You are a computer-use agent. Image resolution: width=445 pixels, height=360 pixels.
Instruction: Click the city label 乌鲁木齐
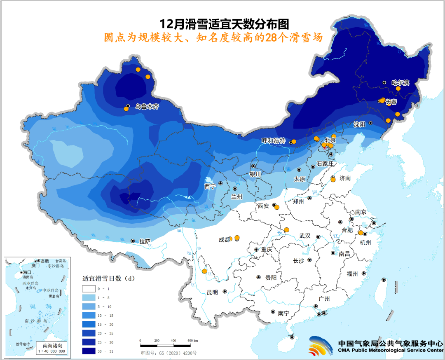coord(147,106)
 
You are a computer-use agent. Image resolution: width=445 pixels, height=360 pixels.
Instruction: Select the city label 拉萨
coord(145,241)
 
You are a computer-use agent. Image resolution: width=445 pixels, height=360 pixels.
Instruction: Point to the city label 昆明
coord(212,292)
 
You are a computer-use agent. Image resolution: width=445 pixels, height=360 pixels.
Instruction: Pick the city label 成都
coord(225,240)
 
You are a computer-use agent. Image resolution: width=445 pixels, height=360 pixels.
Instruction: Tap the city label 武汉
coord(305,236)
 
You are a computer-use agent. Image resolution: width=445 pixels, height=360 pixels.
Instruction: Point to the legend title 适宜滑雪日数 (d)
coord(108,278)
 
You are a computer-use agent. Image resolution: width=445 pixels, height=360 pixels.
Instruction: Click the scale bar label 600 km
coord(193,341)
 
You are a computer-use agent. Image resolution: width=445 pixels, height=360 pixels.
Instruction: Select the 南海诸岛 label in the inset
coord(51,345)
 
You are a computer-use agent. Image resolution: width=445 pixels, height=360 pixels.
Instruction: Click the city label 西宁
coord(210,186)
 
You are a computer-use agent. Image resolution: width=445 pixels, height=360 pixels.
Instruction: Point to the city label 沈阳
coord(359,124)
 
